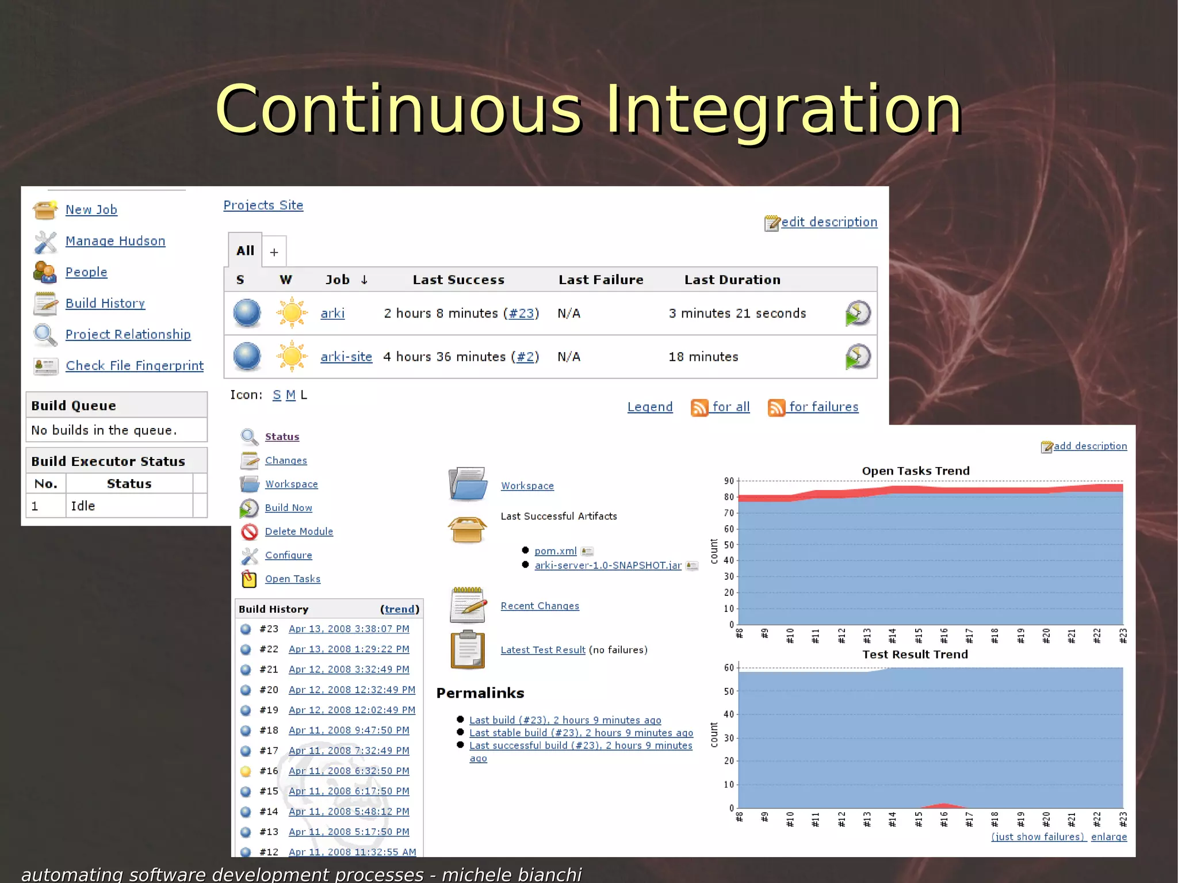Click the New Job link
(91, 210)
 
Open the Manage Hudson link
(115, 241)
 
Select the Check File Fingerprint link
(135, 366)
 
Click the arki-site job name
(346, 357)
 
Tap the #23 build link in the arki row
(521, 314)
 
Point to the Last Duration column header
(732, 280)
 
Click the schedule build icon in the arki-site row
(857, 357)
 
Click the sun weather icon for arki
(292, 313)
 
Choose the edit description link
(828, 222)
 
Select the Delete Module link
(299, 532)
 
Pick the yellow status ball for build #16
(246, 771)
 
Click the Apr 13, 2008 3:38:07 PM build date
(349, 629)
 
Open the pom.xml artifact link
(555, 551)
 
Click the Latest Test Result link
(542, 650)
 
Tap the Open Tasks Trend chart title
(915, 471)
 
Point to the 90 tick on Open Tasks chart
(729, 481)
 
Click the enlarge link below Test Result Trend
(1108, 837)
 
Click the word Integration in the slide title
(783, 109)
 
